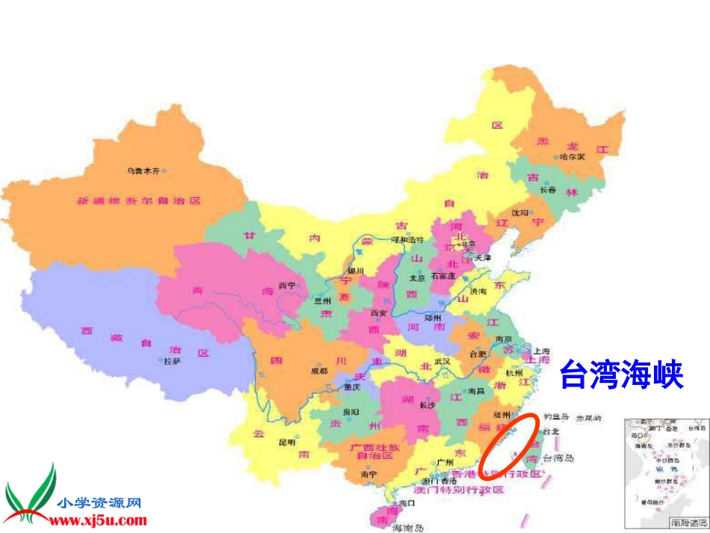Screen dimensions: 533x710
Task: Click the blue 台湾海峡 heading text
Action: (x=622, y=375)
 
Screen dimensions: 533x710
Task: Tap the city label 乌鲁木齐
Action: (x=141, y=171)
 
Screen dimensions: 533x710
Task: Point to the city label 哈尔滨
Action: (x=572, y=157)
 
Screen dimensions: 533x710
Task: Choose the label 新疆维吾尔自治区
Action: (x=138, y=200)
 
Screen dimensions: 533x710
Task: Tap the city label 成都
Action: (x=318, y=371)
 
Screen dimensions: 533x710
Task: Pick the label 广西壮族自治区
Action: (x=372, y=451)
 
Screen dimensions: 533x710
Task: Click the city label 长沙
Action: (x=427, y=406)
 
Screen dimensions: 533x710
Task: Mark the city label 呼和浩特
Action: (x=409, y=240)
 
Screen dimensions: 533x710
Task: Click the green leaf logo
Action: (x=30, y=493)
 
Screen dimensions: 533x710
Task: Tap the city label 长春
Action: (x=548, y=190)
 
